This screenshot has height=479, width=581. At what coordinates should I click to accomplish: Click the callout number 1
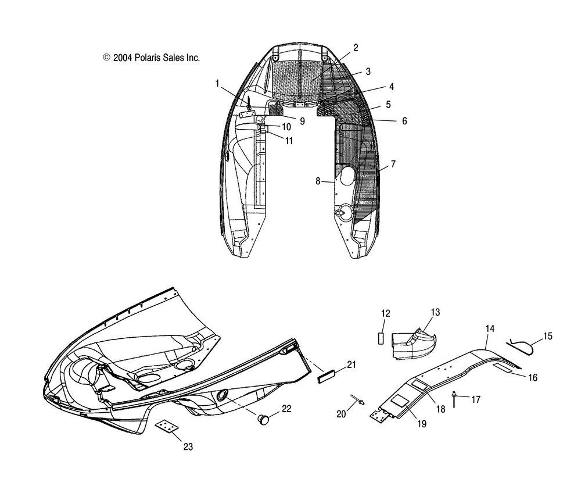point(217,84)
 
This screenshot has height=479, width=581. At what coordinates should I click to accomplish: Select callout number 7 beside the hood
point(393,165)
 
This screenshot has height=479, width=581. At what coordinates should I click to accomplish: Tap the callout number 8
point(318,181)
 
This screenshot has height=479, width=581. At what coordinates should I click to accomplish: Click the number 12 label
point(386,314)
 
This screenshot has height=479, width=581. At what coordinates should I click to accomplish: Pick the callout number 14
point(490,328)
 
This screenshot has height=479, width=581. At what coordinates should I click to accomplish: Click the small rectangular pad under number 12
point(381,338)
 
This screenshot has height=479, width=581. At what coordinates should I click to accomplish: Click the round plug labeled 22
point(262,417)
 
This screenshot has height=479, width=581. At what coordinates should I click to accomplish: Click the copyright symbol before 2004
point(106,58)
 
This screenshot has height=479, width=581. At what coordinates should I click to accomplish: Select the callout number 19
point(421,424)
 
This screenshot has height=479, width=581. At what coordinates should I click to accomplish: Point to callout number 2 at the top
point(356,48)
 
